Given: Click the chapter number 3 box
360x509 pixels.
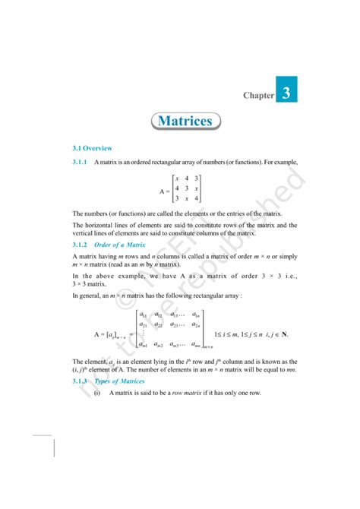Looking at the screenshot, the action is (285, 93).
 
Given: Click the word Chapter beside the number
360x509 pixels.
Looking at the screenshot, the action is (257, 96).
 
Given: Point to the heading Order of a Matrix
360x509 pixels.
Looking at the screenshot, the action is (125, 245).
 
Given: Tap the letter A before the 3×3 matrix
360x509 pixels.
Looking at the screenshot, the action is (163, 188).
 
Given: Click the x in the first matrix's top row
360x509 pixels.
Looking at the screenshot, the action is (177, 179).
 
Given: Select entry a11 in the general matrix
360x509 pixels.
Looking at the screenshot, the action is (142, 314).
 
